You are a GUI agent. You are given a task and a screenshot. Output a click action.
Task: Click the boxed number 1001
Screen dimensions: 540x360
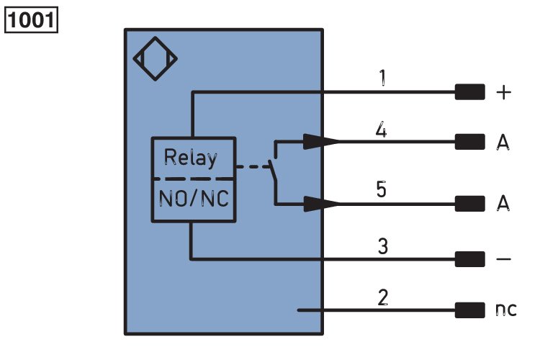click(31, 20)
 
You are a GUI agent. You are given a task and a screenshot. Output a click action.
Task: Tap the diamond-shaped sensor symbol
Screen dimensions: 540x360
click(156, 58)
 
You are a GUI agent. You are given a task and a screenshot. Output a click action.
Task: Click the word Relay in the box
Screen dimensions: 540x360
click(191, 158)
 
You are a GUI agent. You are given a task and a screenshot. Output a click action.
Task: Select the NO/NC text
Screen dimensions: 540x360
click(194, 199)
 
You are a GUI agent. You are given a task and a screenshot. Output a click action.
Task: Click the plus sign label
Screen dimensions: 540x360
click(504, 92)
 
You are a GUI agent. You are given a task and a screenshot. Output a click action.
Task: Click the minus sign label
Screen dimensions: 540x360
click(503, 258)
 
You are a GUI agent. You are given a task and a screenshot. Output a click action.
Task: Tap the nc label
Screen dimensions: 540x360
click(506, 310)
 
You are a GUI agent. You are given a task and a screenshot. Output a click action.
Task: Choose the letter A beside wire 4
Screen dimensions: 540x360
click(503, 142)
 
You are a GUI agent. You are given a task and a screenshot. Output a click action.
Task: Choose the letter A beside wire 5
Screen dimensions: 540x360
click(503, 202)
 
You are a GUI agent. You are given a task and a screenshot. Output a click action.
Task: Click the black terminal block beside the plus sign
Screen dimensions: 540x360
click(469, 92)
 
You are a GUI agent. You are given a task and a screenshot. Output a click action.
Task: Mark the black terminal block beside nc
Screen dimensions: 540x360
click(469, 310)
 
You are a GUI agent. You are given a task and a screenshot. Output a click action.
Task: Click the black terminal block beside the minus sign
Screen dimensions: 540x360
click(469, 259)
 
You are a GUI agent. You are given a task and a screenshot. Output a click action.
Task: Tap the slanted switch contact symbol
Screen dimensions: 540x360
click(273, 169)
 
